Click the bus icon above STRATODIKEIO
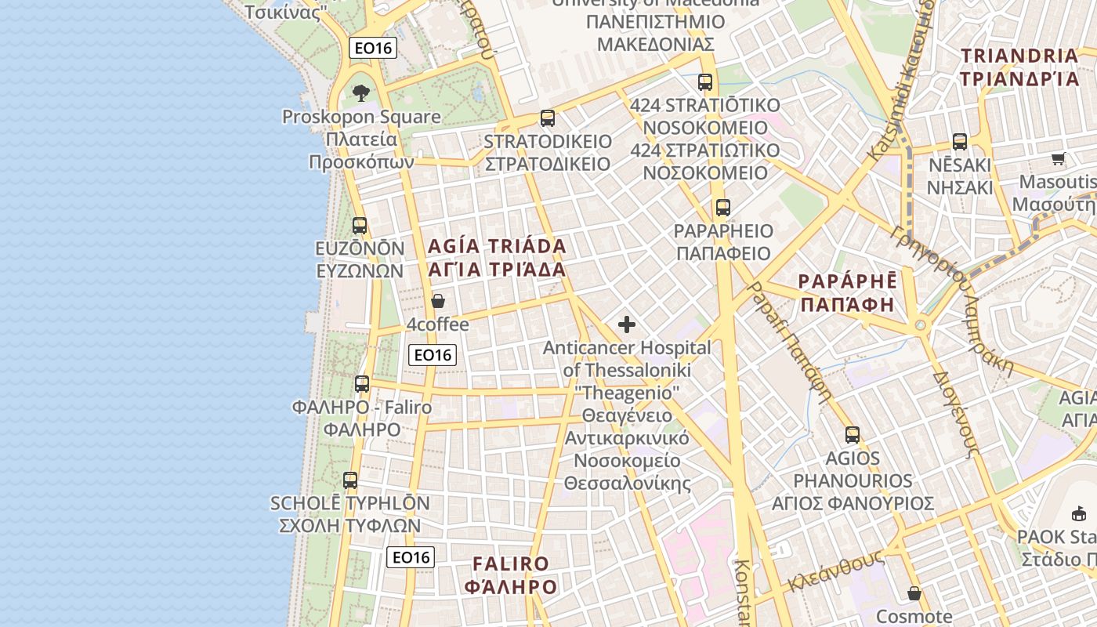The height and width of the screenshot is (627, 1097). coord(548,118)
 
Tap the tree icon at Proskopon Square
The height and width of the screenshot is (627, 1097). coord(361,93)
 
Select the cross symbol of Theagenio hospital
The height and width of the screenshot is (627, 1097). coord(627,324)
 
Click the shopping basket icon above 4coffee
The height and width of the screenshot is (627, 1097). coord(438,301)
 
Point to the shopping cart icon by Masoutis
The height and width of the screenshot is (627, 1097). coord(1059,159)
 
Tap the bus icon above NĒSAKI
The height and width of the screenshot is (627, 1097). coord(960,142)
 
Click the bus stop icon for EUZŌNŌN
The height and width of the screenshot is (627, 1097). coord(360,226)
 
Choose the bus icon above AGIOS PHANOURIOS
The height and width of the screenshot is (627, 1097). coord(853,434)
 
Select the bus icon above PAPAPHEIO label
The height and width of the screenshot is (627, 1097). coord(722,208)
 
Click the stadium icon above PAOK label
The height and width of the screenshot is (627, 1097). coord(1079,514)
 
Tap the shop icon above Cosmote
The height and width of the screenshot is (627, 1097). coord(914,593)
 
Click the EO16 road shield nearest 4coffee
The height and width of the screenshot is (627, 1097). coord(433,355)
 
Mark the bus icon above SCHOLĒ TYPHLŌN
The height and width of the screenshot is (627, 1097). coord(350,480)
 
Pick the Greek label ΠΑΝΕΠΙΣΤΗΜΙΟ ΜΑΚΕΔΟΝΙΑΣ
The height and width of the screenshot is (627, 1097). coord(655,32)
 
